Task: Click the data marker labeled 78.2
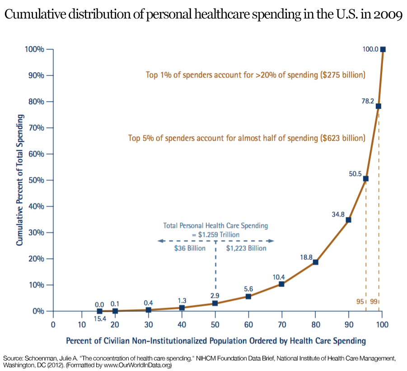(379, 106)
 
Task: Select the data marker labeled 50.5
(365, 179)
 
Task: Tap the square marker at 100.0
(383, 49)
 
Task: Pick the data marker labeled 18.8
(315, 262)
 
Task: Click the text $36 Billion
(190, 248)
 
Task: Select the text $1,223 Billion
(246, 248)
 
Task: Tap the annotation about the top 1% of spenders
(255, 74)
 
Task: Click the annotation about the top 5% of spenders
(247, 138)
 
